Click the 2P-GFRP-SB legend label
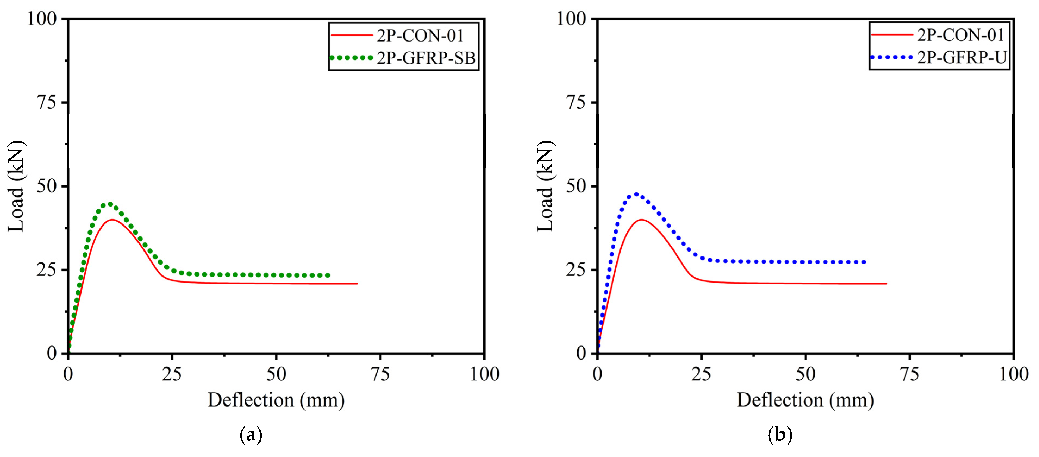tap(426, 58)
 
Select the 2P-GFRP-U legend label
tap(962, 58)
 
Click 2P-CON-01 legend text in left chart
tap(420, 36)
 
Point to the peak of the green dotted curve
tap(110, 204)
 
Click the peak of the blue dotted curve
tap(636, 194)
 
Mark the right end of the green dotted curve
tap(328, 275)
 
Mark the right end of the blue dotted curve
tap(864, 262)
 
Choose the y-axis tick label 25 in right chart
tap(575, 269)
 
